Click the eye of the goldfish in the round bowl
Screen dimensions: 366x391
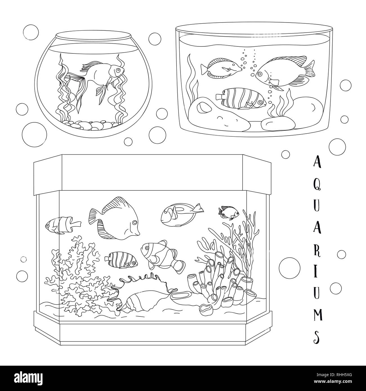point(118,70)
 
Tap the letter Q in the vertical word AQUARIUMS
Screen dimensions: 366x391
point(317,185)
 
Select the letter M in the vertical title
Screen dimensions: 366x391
point(318,314)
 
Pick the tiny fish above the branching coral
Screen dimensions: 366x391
point(229,213)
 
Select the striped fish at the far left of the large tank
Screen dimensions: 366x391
point(63,225)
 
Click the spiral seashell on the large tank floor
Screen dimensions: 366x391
point(142,301)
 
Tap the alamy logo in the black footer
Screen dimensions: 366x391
point(28,377)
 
